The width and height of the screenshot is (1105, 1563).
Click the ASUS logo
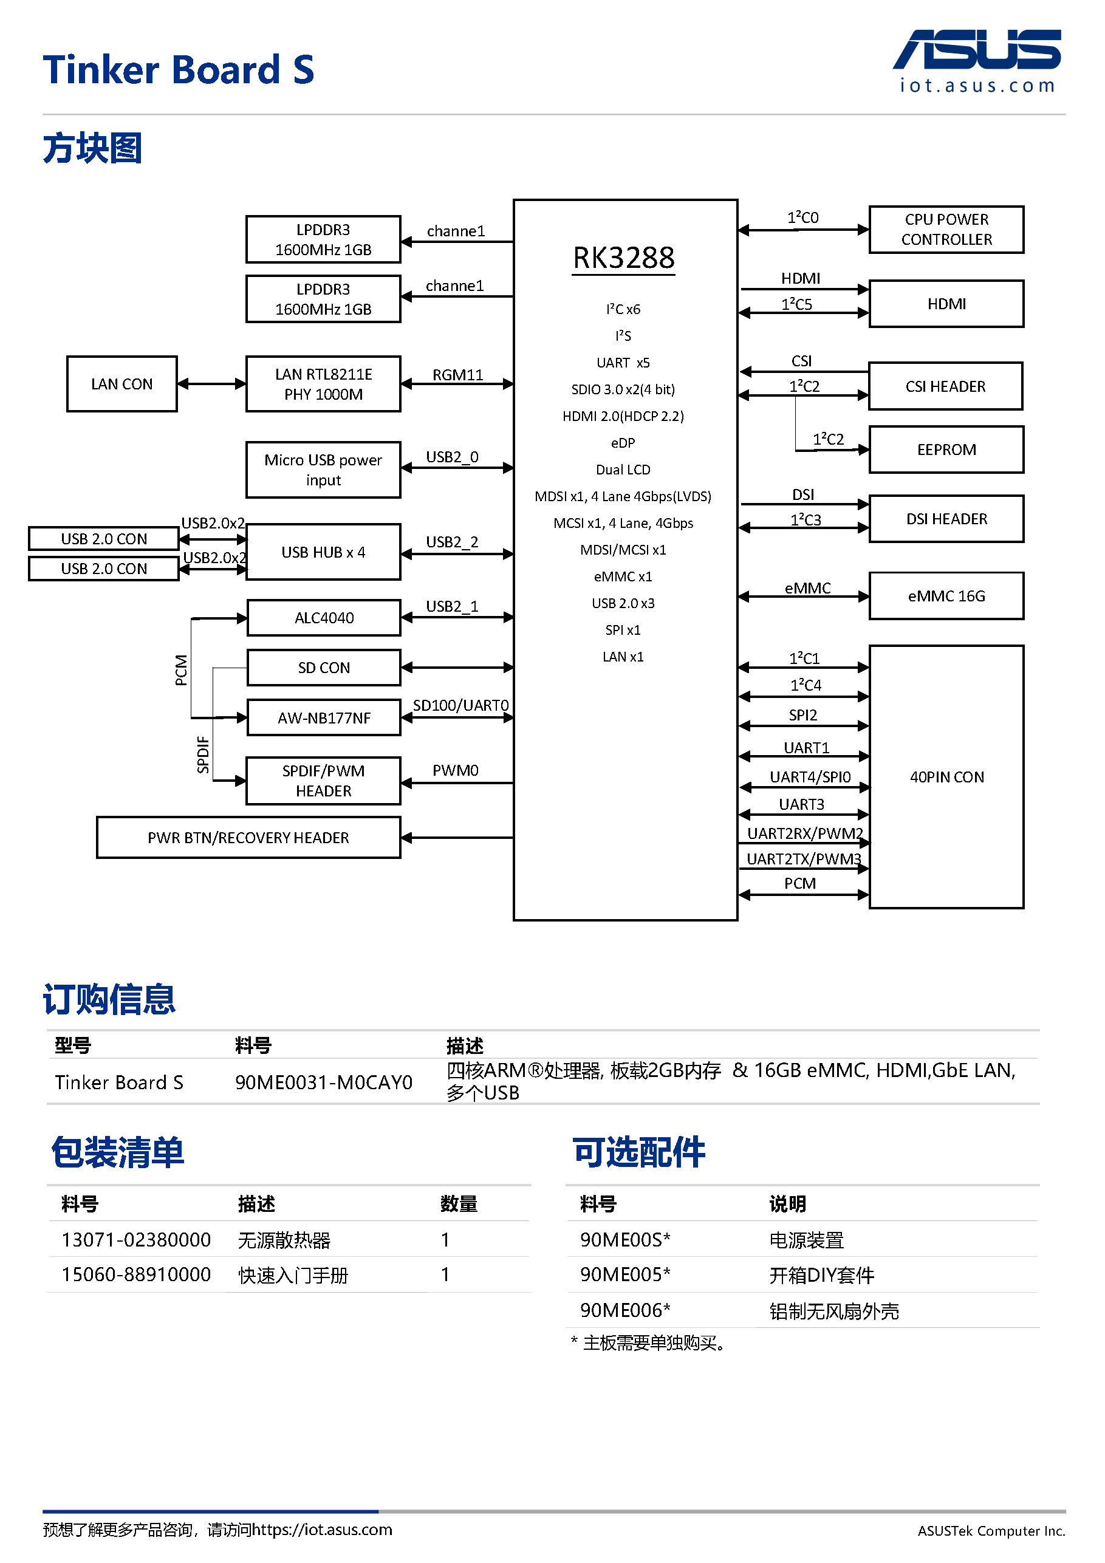[976, 50]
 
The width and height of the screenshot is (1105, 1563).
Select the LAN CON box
[122, 384]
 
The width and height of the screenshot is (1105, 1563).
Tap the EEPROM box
[946, 450]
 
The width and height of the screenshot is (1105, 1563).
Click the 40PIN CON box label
[946, 778]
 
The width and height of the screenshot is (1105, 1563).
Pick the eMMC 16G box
[946, 597]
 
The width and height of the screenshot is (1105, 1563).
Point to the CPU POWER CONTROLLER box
[946, 230]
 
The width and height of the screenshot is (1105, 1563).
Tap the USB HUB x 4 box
[323, 552]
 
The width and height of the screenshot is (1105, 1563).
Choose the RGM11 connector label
[457, 375]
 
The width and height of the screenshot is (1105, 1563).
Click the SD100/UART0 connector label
[461, 705]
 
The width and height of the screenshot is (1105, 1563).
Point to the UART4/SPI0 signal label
[810, 777]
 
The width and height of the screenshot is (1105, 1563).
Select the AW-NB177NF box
[323, 718]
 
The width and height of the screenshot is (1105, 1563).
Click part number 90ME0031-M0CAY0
[323, 1082]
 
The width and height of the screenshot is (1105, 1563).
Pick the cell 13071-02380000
[136, 1240]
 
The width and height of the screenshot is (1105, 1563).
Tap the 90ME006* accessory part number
[625, 1310]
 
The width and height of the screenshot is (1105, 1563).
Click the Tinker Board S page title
[179, 69]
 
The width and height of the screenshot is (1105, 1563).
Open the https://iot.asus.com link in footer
[321, 1530]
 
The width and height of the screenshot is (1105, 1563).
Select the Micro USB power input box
[323, 470]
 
